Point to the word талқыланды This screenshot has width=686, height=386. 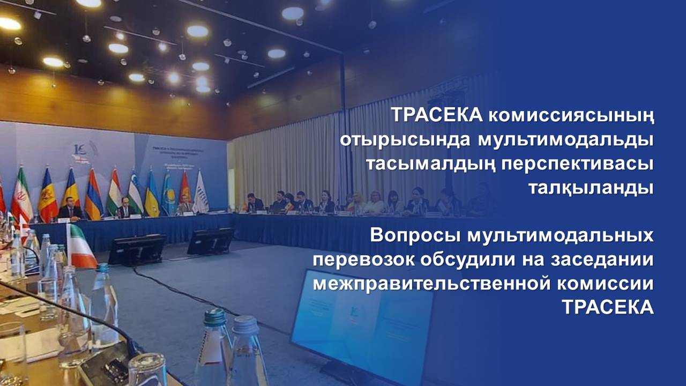point(591,188)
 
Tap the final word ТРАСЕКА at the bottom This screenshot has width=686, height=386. point(608,307)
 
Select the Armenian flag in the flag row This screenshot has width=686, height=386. point(93,195)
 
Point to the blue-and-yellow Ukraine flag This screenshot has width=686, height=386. point(152,194)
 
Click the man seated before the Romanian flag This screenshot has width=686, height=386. point(70,210)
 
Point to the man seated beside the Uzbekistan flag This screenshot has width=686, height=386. point(126,209)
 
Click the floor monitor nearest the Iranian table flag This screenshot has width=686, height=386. point(137,250)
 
